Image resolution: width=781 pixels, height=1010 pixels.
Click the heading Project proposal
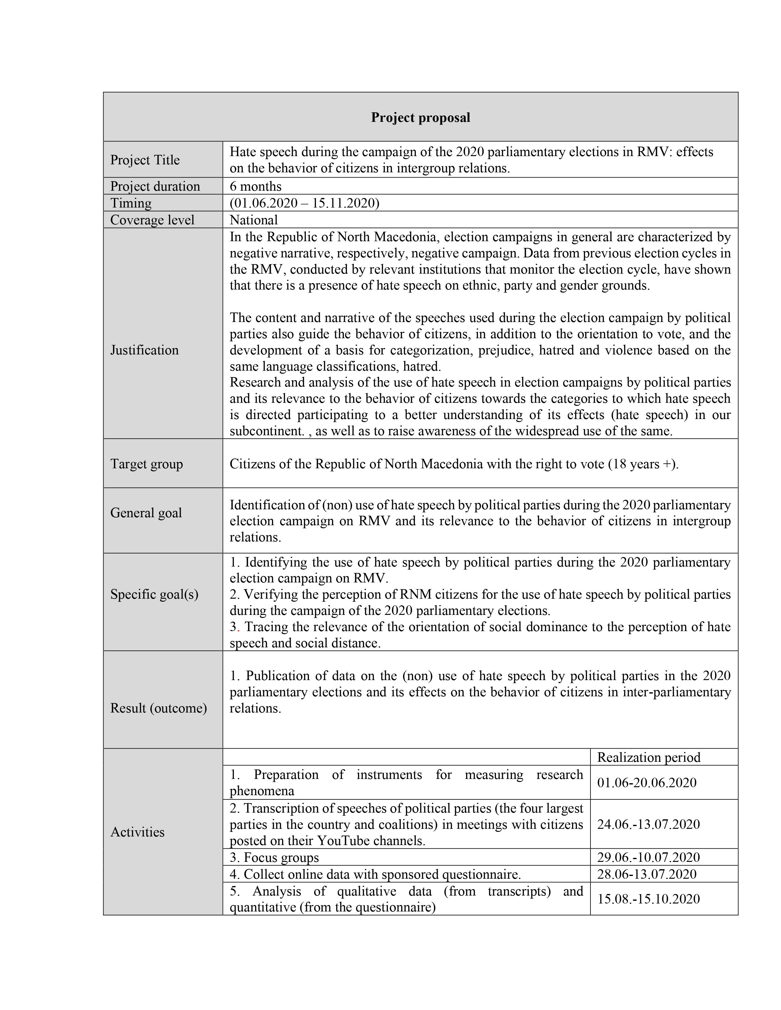click(420, 118)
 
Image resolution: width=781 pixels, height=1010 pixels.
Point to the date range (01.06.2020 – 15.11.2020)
click(304, 203)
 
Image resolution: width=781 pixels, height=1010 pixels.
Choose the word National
click(254, 220)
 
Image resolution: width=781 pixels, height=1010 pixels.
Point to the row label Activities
click(138, 832)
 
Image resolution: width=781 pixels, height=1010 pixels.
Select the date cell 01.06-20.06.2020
click(646, 783)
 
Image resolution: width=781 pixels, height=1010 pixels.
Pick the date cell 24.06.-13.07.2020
click(648, 824)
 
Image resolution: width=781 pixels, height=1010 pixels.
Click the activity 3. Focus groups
click(274, 857)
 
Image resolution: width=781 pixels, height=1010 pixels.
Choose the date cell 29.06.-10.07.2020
click(648, 857)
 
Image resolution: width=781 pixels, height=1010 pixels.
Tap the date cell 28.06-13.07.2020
click(646, 874)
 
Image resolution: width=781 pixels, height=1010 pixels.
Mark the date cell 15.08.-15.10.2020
click(648, 899)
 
